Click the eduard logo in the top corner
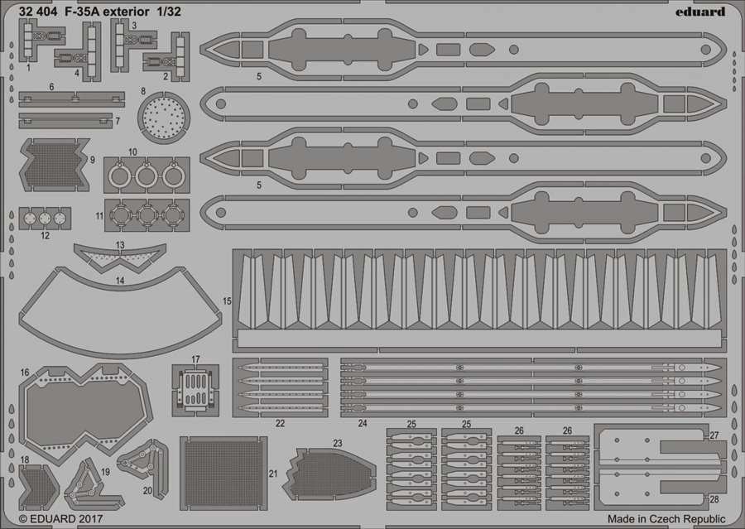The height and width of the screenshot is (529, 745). click(700, 12)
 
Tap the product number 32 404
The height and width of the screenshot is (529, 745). click(38, 12)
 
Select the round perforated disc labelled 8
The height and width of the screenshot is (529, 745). click(163, 117)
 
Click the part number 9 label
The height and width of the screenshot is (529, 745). click(92, 160)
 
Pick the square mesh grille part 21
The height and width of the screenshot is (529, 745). click(223, 473)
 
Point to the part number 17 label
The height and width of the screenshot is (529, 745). click(195, 359)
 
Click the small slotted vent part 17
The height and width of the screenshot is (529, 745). click(195, 390)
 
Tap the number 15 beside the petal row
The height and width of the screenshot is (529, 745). click(227, 301)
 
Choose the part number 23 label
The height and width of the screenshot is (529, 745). click(338, 444)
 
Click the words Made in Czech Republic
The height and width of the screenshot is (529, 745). click(666, 518)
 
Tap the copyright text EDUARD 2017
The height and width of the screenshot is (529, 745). click(60, 518)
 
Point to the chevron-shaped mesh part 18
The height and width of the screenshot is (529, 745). click(38, 488)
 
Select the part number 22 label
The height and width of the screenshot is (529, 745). click(281, 423)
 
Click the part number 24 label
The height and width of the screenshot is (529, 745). click(363, 423)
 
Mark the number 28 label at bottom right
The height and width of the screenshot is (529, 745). click(714, 499)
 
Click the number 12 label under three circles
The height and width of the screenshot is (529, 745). click(46, 235)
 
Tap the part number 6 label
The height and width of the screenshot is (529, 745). click(51, 87)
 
